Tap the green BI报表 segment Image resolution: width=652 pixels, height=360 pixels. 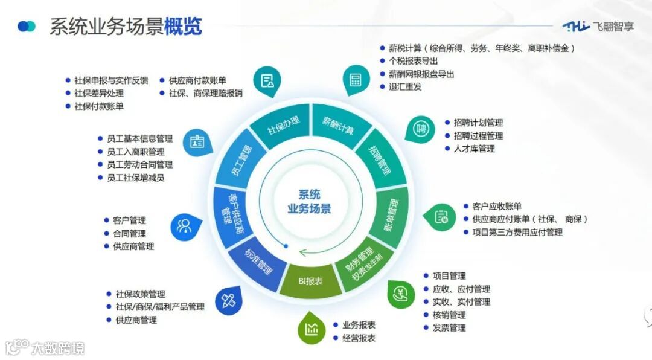[x=310, y=281]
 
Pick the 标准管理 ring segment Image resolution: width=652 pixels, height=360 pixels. [x=258, y=263]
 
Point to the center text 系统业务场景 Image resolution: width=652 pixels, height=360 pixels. [x=309, y=202]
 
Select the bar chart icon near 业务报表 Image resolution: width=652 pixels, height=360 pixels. [x=312, y=329]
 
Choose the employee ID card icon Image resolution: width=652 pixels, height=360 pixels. [x=197, y=143]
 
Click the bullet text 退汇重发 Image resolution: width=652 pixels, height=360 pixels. [x=405, y=86]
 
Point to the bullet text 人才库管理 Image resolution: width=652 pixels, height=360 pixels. [x=474, y=149]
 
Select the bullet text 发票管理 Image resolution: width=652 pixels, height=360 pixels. [x=449, y=328]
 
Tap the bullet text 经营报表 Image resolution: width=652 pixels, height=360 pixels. [x=359, y=338]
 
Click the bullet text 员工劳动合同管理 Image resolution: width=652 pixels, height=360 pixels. [x=139, y=164]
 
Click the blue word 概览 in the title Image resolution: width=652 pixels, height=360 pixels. [x=183, y=27]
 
